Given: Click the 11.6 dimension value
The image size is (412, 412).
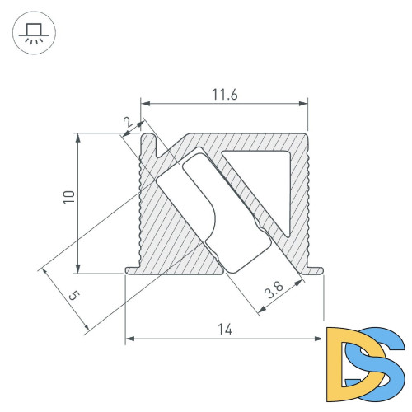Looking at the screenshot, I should (x=223, y=95).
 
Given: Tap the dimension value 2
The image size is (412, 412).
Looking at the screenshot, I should (x=126, y=123).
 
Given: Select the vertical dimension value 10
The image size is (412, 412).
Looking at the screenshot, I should (x=69, y=198).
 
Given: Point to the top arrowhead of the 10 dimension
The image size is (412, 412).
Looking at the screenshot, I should (x=78, y=137).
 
